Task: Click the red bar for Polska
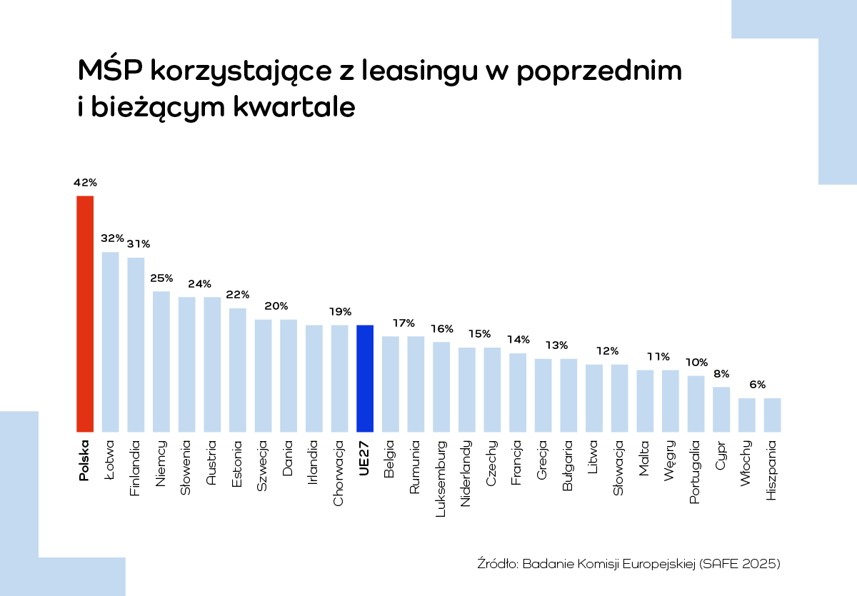click(x=85, y=314)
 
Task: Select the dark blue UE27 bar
click(x=365, y=378)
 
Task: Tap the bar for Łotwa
click(x=111, y=342)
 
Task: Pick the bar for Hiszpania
click(x=772, y=415)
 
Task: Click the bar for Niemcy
click(x=161, y=361)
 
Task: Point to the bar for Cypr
click(x=721, y=409)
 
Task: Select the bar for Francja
click(x=518, y=393)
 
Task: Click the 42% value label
click(x=85, y=183)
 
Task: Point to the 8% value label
click(x=721, y=373)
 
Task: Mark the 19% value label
click(x=340, y=312)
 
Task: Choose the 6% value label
click(x=758, y=385)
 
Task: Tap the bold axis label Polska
click(x=84, y=460)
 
